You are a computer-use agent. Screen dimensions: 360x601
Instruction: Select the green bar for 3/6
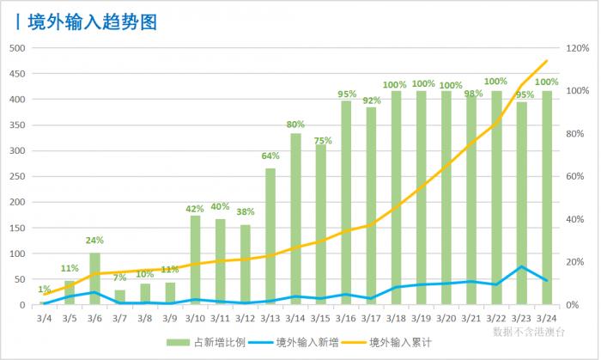[x=94, y=279]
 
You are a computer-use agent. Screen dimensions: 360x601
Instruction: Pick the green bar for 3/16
[x=346, y=203]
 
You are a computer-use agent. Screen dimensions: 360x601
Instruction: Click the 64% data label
[x=270, y=156]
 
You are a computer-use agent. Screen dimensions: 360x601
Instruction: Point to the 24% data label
[x=94, y=241]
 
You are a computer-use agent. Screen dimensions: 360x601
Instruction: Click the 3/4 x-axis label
[x=45, y=318]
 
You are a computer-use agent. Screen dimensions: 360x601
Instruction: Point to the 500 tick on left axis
[x=16, y=48]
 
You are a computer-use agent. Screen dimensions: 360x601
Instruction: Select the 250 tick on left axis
[x=16, y=177]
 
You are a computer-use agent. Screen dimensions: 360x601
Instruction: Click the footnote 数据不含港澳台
[x=530, y=330]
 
